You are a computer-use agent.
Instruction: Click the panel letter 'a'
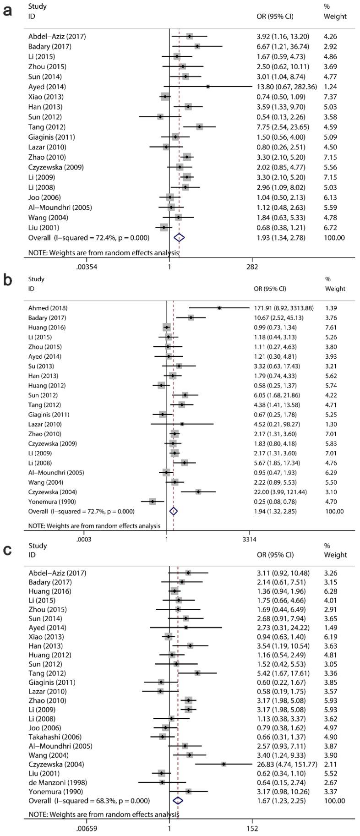7,11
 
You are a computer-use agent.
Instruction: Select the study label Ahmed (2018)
48,308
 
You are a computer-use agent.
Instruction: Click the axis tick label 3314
250,539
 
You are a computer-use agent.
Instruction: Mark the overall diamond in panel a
179,237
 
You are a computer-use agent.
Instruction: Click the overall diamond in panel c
178,800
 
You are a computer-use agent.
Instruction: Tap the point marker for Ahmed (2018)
219,308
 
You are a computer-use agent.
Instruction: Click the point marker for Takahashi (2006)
162,737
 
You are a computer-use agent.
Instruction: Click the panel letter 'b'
7,280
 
